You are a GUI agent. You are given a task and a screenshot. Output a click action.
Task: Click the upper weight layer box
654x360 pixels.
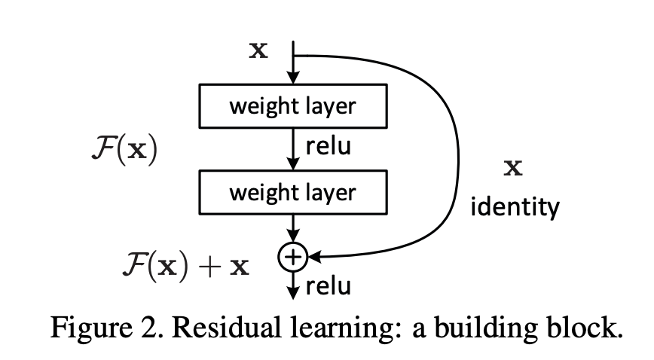(292, 105)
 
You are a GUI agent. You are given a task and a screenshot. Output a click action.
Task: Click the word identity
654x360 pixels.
(515, 206)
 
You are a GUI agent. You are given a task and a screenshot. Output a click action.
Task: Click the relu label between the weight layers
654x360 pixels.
(328, 148)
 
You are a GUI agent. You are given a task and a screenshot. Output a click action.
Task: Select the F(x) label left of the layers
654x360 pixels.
(124, 151)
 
